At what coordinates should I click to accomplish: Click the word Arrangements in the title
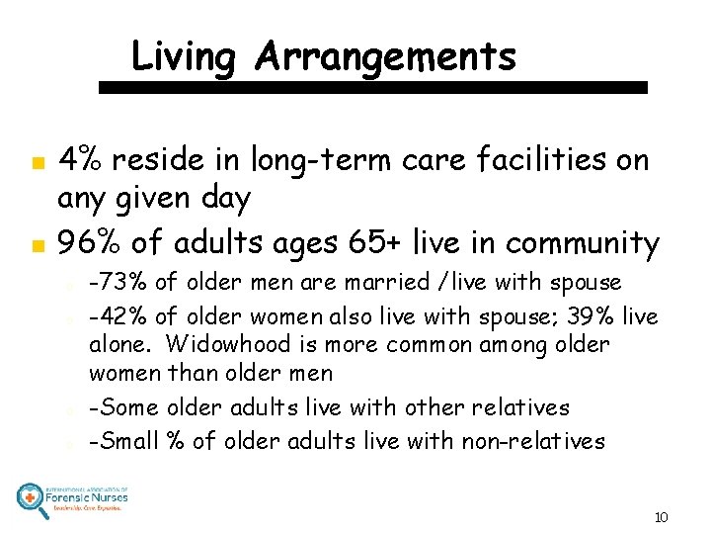coord(385,57)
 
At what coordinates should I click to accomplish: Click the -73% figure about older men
coord(114,283)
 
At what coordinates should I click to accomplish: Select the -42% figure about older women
coord(115,313)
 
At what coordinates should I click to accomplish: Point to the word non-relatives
coord(533,441)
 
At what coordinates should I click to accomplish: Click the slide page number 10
coord(661,517)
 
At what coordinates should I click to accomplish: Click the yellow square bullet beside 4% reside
coord(36,161)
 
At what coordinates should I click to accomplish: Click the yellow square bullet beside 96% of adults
coord(36,243)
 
